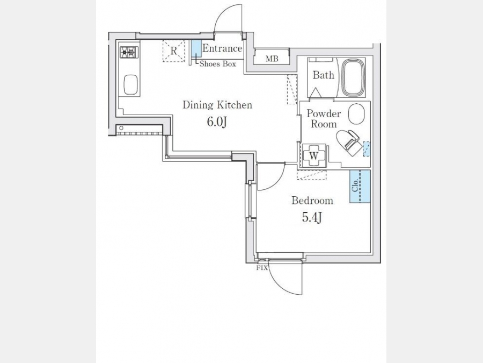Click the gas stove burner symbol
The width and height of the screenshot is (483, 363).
[x=129, y=52]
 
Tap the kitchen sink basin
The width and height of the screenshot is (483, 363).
[x=130, y=84]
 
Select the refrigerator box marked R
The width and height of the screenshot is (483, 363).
[x=174, y=51]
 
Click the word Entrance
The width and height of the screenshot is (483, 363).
[x=222, y=48]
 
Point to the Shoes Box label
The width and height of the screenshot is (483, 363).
[x=218, y=64]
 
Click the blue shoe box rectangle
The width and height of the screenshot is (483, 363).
[x=195, y=48]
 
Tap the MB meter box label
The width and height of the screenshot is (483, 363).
[x=272, y=58]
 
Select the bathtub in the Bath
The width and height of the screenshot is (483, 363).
[x=353, y=78]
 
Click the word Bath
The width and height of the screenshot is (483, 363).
[x=324, y=75]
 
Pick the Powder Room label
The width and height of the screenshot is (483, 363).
[x=324, y=119]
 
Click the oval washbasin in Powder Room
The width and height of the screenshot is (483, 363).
[x=356, y=114]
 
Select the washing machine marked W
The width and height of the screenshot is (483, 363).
[x=313, y=155]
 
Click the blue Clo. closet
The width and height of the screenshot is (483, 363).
[x=360, y=186]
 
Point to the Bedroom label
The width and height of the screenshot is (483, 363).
[x=312, y=201]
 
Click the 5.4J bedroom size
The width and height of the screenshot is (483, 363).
[x=312, y=218]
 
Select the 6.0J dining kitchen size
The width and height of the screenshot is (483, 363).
[x=217, y=122]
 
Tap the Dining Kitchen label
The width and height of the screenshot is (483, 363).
[x=217, y=105]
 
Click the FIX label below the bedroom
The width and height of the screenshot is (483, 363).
[x=262, y=268]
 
